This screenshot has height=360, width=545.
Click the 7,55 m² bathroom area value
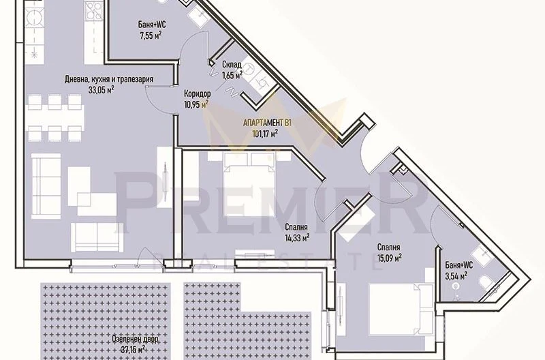pyautogui.click(x=151, y=36)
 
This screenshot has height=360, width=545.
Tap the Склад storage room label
pyautogui.click(x=232, y=65)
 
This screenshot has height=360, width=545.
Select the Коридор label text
pyautogui.click(x=197, y=93)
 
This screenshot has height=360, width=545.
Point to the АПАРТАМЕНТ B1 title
pyautogui.click(x=266, y=123)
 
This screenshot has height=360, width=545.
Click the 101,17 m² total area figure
pyautogui.click(x=265, y=132)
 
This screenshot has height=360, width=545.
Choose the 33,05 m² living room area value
pyautogui.click(x=102, y=90)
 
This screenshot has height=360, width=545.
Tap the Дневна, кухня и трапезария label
pyautogui.click(x=109, y=80)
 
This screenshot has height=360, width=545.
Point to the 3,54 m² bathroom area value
pyautogui.click(x=456, y=276)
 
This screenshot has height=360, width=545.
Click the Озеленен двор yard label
pyautogui.click(x=135, y=338)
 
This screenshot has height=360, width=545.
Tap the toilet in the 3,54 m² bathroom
pyautogui.click(x=485, y=282)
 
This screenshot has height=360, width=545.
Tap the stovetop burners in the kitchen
pyautogui.click(x=93, y=11)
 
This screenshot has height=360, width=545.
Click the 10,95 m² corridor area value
pyautogui.click(x=196, y=104)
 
